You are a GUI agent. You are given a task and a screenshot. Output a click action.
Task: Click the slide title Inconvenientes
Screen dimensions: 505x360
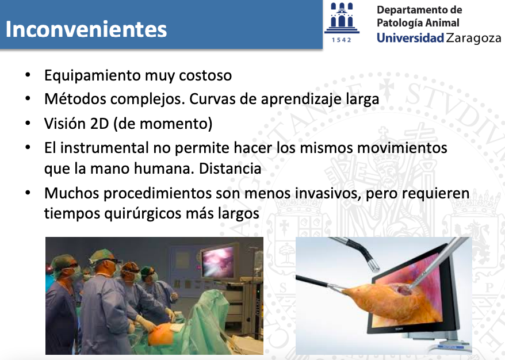(86, 29)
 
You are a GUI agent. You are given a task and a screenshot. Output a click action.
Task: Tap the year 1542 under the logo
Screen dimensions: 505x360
(342, 40)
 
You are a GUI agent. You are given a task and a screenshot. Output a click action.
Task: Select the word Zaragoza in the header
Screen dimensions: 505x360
(474, 39)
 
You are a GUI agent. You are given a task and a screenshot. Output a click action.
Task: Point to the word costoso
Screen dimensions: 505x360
(205, 76)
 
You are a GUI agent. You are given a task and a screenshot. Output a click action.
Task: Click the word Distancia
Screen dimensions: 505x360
(230, 168)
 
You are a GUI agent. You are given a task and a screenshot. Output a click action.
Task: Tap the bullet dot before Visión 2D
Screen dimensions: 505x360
(28, 123)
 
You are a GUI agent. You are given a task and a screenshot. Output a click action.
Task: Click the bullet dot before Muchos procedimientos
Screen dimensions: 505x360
(28, 193)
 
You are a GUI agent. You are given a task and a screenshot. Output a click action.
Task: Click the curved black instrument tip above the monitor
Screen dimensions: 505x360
(374, 265)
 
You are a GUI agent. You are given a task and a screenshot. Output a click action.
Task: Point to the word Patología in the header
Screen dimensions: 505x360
(397, 23)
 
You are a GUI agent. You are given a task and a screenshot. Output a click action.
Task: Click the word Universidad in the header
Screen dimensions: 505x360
(410, 38)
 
